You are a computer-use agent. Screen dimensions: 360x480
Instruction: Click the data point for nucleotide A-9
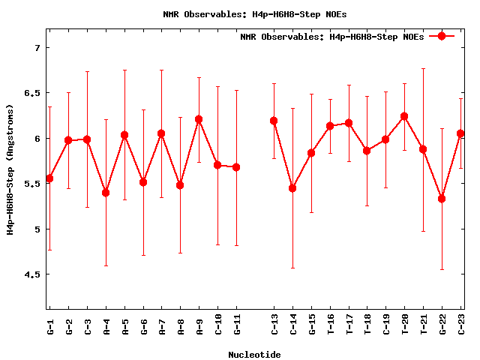click(199, 119)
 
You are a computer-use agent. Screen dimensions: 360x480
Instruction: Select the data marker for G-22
click(442, 199)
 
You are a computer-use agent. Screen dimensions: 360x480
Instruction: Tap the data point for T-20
click(404, 116)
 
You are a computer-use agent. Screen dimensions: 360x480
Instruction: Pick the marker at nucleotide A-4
click(106, 193)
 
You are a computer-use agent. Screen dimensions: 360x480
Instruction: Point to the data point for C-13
click(274, 121)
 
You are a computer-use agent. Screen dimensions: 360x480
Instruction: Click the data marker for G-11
click(236, 167)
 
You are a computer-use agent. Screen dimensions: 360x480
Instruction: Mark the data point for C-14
click(292, 188)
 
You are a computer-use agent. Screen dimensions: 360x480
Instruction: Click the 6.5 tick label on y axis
click(32, 93)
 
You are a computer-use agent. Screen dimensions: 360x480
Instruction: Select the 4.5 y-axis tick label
click(32, 274)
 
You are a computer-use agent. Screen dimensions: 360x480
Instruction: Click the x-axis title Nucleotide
click(254, 355)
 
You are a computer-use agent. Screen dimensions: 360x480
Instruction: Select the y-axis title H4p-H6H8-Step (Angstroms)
click(10, 168)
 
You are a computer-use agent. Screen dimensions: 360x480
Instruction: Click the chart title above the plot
click(254, 14)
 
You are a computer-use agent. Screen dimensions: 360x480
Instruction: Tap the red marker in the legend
click(442, 36)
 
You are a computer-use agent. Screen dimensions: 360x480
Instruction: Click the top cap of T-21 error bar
click(423, 68)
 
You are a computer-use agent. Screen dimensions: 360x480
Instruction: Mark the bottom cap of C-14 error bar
click(292, 268)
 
